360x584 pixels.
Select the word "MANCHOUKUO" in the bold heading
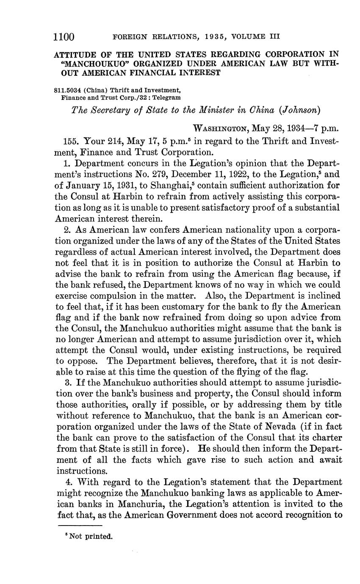click(x=89, y=64)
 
